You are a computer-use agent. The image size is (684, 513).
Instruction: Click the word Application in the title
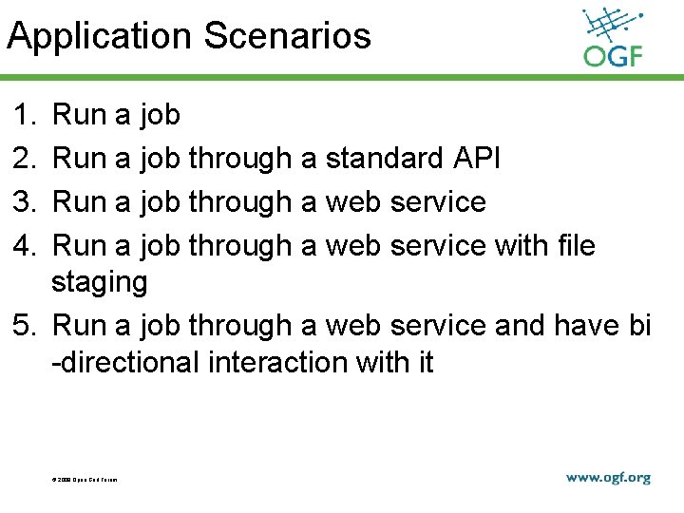pos(100,37)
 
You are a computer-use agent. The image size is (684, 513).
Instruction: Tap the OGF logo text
pos(613,57)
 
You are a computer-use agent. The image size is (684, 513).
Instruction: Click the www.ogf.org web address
pos(608,478)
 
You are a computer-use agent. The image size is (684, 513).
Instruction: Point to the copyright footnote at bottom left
pos(85,479)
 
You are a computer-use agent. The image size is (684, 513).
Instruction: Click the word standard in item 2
pos(383,159)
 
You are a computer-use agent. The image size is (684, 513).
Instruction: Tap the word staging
pos(100,283)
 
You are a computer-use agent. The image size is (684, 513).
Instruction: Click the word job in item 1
pos(160,116)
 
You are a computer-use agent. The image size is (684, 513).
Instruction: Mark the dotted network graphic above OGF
pos(613,27)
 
